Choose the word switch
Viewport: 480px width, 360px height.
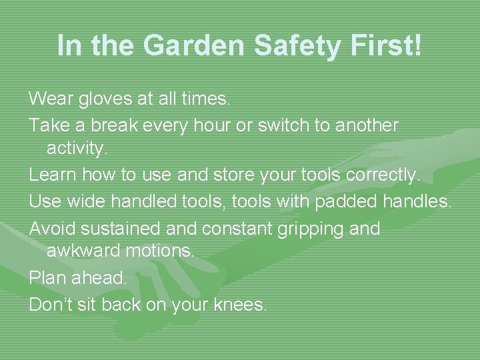282,125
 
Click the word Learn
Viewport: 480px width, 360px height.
52,175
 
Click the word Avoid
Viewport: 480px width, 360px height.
53,229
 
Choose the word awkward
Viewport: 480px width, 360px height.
82,252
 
